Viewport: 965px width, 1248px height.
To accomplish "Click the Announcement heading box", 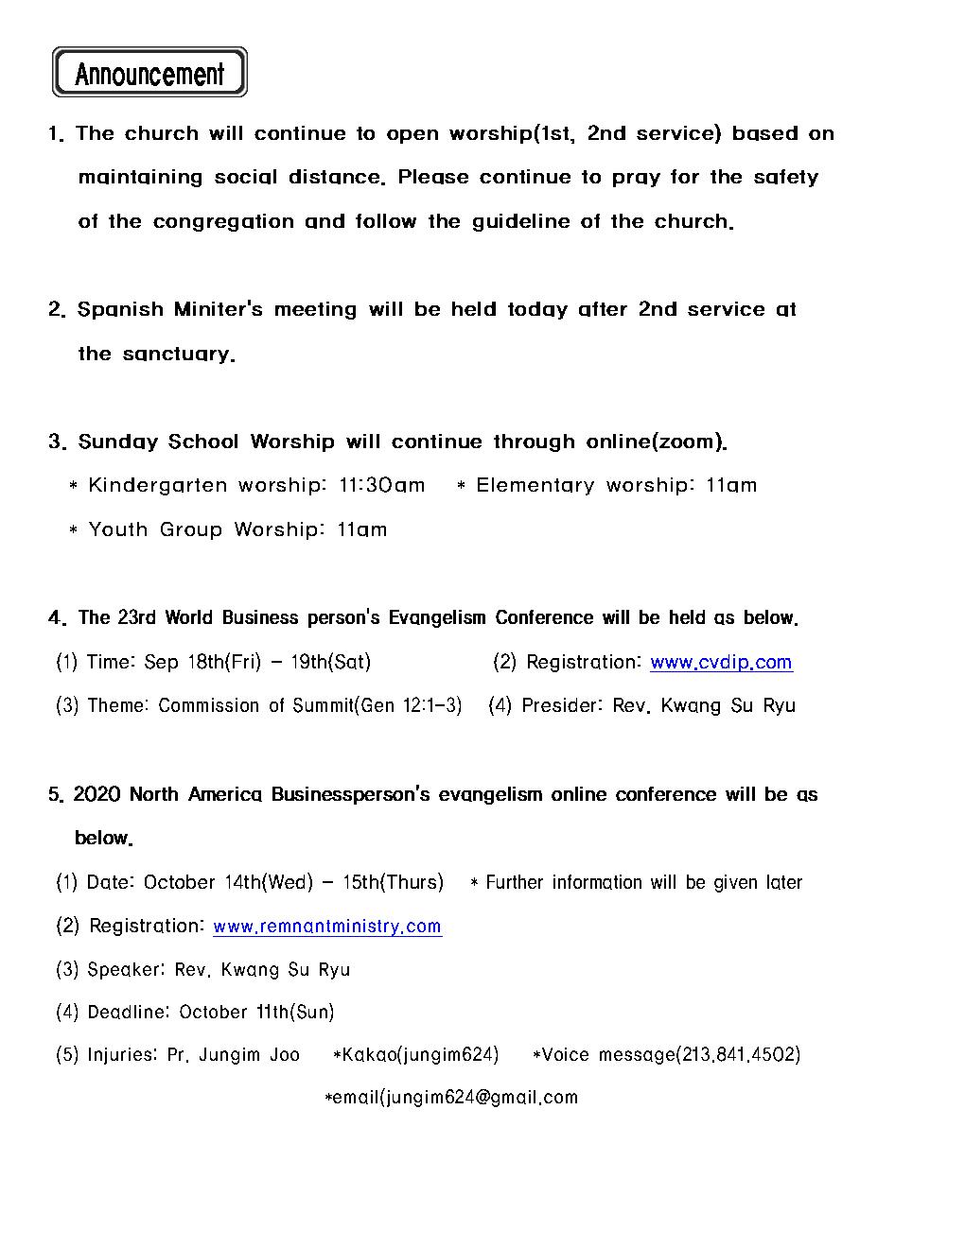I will point(149,73).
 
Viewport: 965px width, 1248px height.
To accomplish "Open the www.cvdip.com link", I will point(721,662).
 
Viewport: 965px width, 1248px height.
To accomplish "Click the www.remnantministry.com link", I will point(327,927).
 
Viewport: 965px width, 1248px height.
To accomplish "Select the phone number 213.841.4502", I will point(740,1054).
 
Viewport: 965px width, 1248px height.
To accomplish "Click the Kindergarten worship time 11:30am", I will point(382,485).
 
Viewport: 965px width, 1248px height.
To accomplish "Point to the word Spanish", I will point(120,310).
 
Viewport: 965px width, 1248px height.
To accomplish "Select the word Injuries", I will point(122,1054).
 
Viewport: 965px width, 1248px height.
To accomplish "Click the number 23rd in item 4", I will point(137,617).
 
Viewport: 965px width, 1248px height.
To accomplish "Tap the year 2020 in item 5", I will point(96,794).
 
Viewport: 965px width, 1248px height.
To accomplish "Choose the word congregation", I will point(223,222).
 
